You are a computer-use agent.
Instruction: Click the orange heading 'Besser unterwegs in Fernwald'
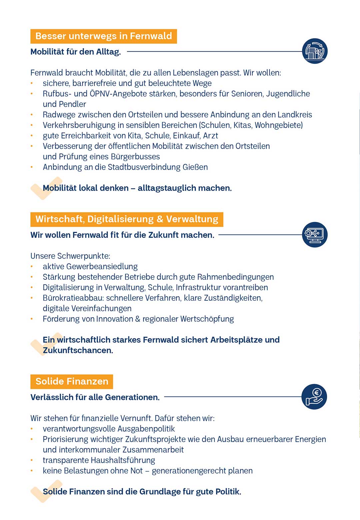[103, 36]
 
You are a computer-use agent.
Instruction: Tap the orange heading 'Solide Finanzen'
[72, 381]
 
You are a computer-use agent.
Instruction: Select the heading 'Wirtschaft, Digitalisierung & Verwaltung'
[127, 219]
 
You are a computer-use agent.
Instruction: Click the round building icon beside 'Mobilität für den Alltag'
[315, 51]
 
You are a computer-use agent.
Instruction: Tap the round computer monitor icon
[315, 235]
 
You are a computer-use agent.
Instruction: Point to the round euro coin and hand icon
[314, 397]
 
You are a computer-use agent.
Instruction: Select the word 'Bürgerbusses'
[135, 157]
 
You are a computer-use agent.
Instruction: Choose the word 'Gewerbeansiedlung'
[102, 267]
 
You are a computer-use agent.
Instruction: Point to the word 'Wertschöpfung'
[207, 319]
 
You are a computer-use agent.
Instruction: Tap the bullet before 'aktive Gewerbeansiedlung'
[32, 267]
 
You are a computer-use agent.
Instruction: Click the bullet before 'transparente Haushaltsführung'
[32, 460]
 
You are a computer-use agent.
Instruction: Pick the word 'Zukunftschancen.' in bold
[78, 350]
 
